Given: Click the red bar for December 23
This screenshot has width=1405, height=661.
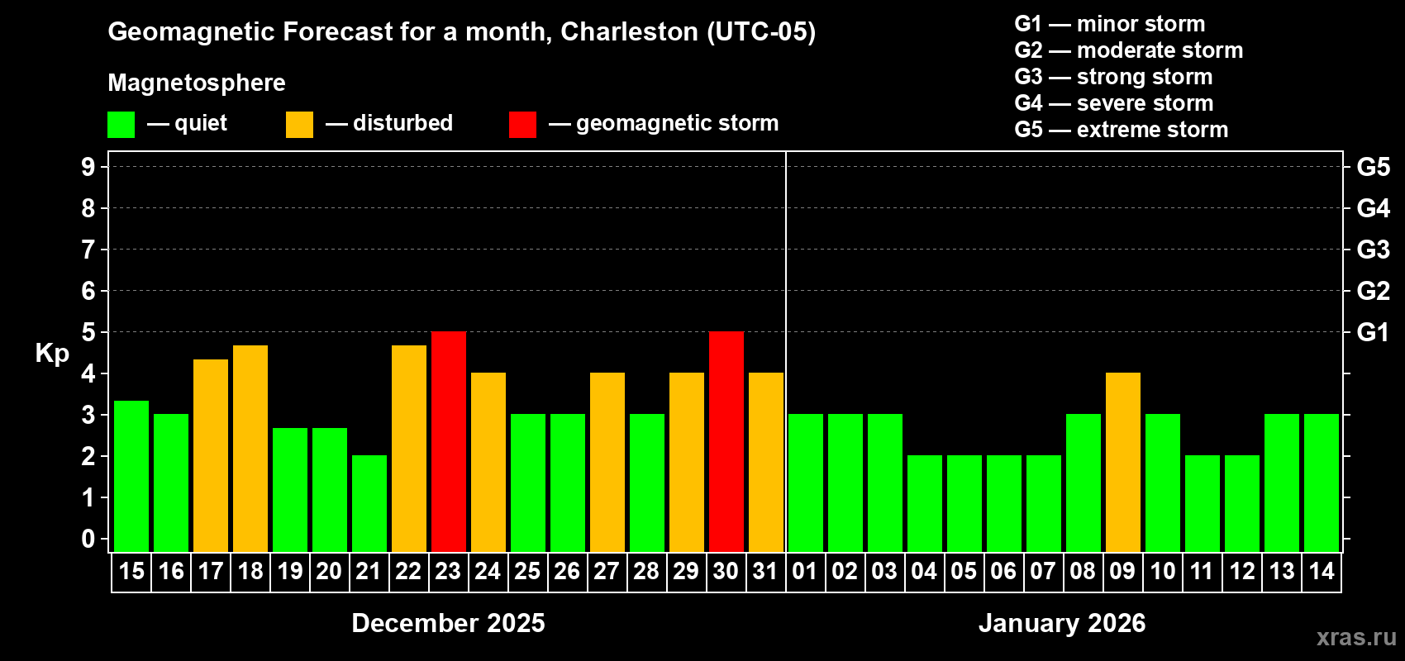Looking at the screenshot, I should click(x=449, y=442).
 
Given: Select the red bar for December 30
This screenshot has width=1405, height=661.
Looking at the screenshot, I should click(x=726, y=442).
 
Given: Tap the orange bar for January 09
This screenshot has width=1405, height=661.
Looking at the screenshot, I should click(x=1123, y=463).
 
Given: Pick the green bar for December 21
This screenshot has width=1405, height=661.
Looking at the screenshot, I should click(x=369, y=504).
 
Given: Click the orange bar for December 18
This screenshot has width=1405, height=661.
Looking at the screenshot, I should click(x=250, y=449).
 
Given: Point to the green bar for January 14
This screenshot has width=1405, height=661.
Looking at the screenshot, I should click(x=1322, y=483).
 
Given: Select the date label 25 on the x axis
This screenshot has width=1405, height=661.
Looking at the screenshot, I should click(x=527, y=572).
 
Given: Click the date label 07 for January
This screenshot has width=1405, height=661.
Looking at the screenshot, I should click(x=1043, y=572).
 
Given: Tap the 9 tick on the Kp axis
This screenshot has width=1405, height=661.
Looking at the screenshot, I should click(x=88, y=167).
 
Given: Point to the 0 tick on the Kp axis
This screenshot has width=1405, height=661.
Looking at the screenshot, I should click(x=88, y=540).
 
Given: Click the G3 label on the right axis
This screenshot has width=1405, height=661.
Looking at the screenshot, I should click(x=1373, y=250).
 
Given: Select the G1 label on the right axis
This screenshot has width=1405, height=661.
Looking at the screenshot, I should click(x=1373, y=332).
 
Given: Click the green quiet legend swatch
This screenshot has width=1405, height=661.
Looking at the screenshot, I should click(x=121, y=125).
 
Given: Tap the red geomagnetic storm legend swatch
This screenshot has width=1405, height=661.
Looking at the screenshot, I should click(x=522, y=125).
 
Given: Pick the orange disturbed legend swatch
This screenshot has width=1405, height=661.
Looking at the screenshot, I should click(x=299, y=125).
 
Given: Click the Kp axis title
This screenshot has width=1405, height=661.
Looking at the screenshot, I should click(x=52, y=354).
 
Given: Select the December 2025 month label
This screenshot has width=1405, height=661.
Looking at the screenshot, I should click(x=448, y=623).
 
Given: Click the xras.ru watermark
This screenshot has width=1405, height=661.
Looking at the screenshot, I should click(x=1355, y=637).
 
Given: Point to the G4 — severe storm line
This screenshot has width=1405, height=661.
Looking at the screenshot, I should click(x=1113, y=103).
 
